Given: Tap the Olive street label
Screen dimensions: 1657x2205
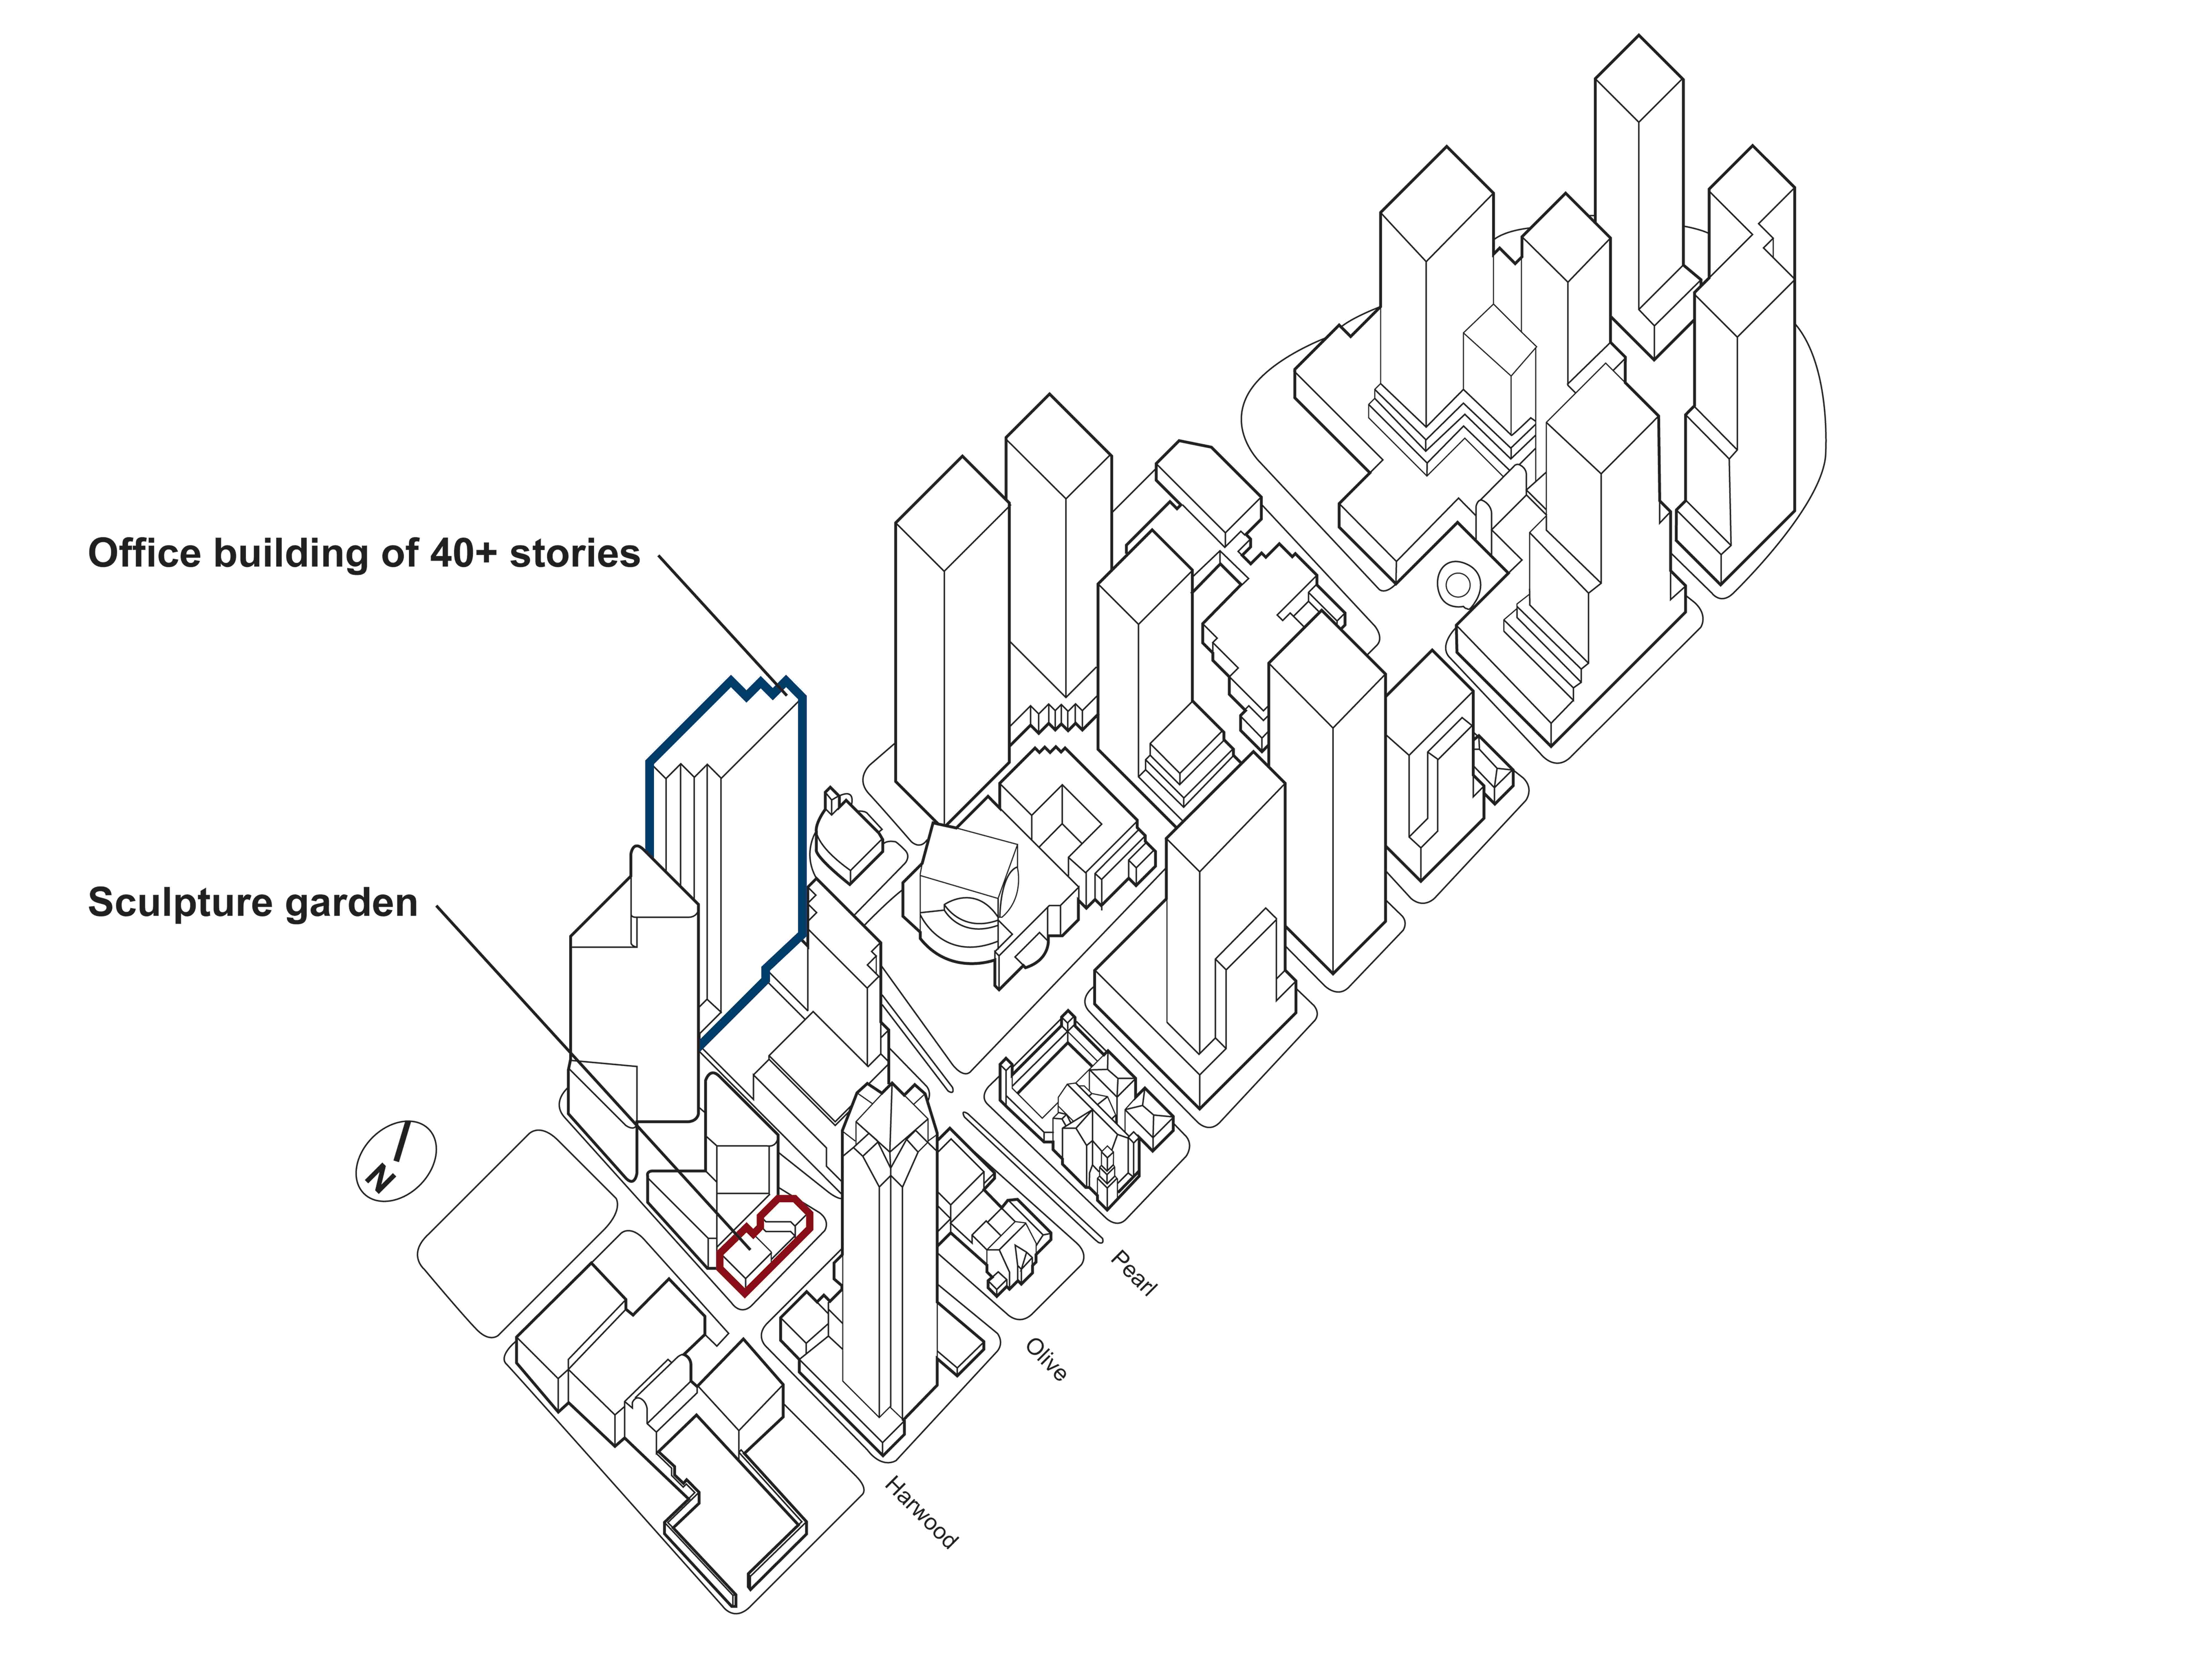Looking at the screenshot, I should coord(1046,1360).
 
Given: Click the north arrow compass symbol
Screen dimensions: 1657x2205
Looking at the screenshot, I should coord(396,1161).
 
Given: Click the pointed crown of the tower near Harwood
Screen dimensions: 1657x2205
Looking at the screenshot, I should coord(887,1116).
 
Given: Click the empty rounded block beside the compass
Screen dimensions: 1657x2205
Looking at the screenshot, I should coord(518,1234).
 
